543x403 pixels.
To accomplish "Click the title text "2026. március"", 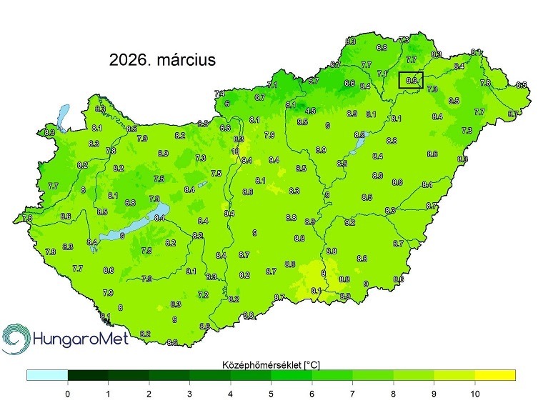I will tap(162, 60).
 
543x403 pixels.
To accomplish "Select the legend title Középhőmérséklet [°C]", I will tap(271, 364).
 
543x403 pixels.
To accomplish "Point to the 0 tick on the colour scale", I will tap(67, 393).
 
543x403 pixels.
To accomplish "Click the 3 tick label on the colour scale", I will tap(189, 393).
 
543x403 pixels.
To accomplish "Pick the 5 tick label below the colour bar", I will tap(271, 393).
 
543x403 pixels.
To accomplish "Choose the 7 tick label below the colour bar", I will tap(352, 393).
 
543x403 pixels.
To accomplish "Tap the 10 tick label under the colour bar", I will tap(474, 393).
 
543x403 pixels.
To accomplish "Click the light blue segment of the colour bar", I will tap(47, 374).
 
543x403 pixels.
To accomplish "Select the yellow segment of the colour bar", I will tap(494, 374).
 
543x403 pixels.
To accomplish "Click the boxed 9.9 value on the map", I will tap(411, 81).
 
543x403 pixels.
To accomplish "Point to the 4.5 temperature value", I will tap(310, 111).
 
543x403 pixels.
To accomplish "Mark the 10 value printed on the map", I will tap(235, 151).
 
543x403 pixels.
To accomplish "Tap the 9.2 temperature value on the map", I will tap(350, 223).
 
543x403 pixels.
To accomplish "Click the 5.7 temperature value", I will tap(313, 81).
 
